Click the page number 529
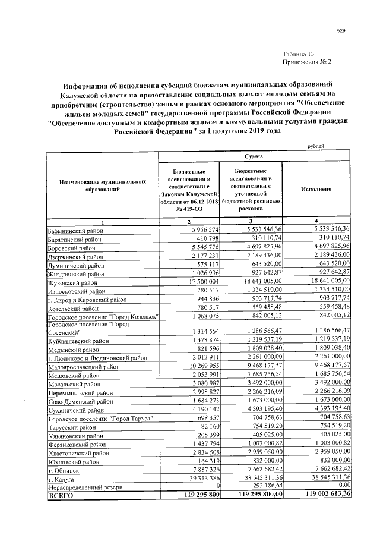click(341, 30)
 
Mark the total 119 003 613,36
click(319, 495)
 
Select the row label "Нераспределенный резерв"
click(85, 486)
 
